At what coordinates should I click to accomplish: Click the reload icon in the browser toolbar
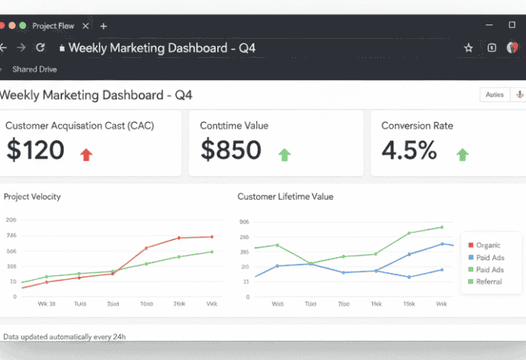coord(40,47)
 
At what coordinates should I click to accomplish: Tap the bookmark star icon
coord(468,47)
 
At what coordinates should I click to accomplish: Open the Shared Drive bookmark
coord(34,69)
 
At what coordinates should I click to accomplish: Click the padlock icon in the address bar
coord(62,47)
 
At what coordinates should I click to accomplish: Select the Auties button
coord(495,95)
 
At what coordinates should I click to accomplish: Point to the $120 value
coord(36,150)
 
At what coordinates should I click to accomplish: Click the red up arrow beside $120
coord(86,154)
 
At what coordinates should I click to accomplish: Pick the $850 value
coord(231,150)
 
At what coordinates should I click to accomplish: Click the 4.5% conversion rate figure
coord(409,150)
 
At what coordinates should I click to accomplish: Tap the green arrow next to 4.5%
coord(462,154)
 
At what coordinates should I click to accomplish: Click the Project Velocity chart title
coord(32,197)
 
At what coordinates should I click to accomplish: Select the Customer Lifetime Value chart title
coord(285,197)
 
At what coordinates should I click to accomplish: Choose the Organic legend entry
coord(488,245)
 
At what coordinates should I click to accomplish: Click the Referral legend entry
coord(489,281)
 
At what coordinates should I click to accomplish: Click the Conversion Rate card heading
coord(417,125)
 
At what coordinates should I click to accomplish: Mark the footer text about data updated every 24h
coord(65,336)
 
